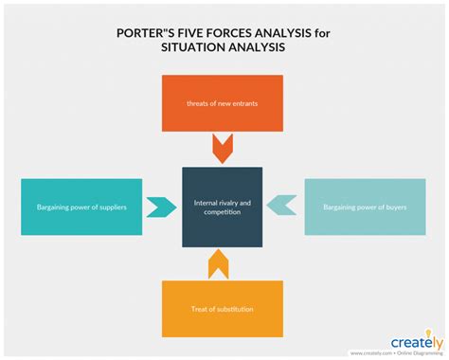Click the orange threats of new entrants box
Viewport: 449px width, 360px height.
223,102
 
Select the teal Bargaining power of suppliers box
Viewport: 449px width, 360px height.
81,207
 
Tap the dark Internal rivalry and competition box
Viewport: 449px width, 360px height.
223,207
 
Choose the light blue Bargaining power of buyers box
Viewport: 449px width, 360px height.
365,207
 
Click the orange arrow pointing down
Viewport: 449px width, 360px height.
223,149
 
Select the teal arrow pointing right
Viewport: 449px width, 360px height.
160,207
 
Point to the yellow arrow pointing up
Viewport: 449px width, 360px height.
221,264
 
